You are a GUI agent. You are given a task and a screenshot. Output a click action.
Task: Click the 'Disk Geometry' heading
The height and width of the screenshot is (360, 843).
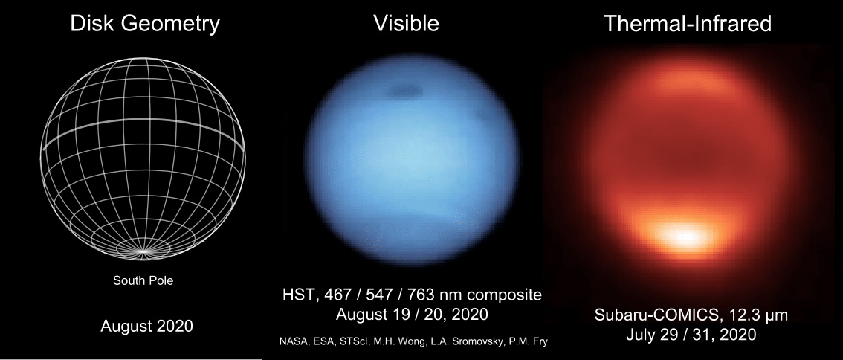point(145,24)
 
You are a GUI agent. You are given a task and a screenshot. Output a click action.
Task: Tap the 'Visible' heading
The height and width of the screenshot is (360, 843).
point(406,24)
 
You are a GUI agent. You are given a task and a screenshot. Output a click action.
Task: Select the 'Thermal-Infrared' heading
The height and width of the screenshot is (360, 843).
point(688,24)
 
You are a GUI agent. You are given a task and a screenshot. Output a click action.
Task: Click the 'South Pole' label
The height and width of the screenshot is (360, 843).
point(143,281)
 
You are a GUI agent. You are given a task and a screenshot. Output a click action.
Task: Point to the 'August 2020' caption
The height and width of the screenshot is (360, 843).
point(146,325)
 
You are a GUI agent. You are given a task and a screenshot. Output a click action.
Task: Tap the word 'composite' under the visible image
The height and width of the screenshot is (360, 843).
point(505,295)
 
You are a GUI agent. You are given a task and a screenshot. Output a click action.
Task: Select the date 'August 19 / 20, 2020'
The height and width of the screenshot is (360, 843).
point(412,314)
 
